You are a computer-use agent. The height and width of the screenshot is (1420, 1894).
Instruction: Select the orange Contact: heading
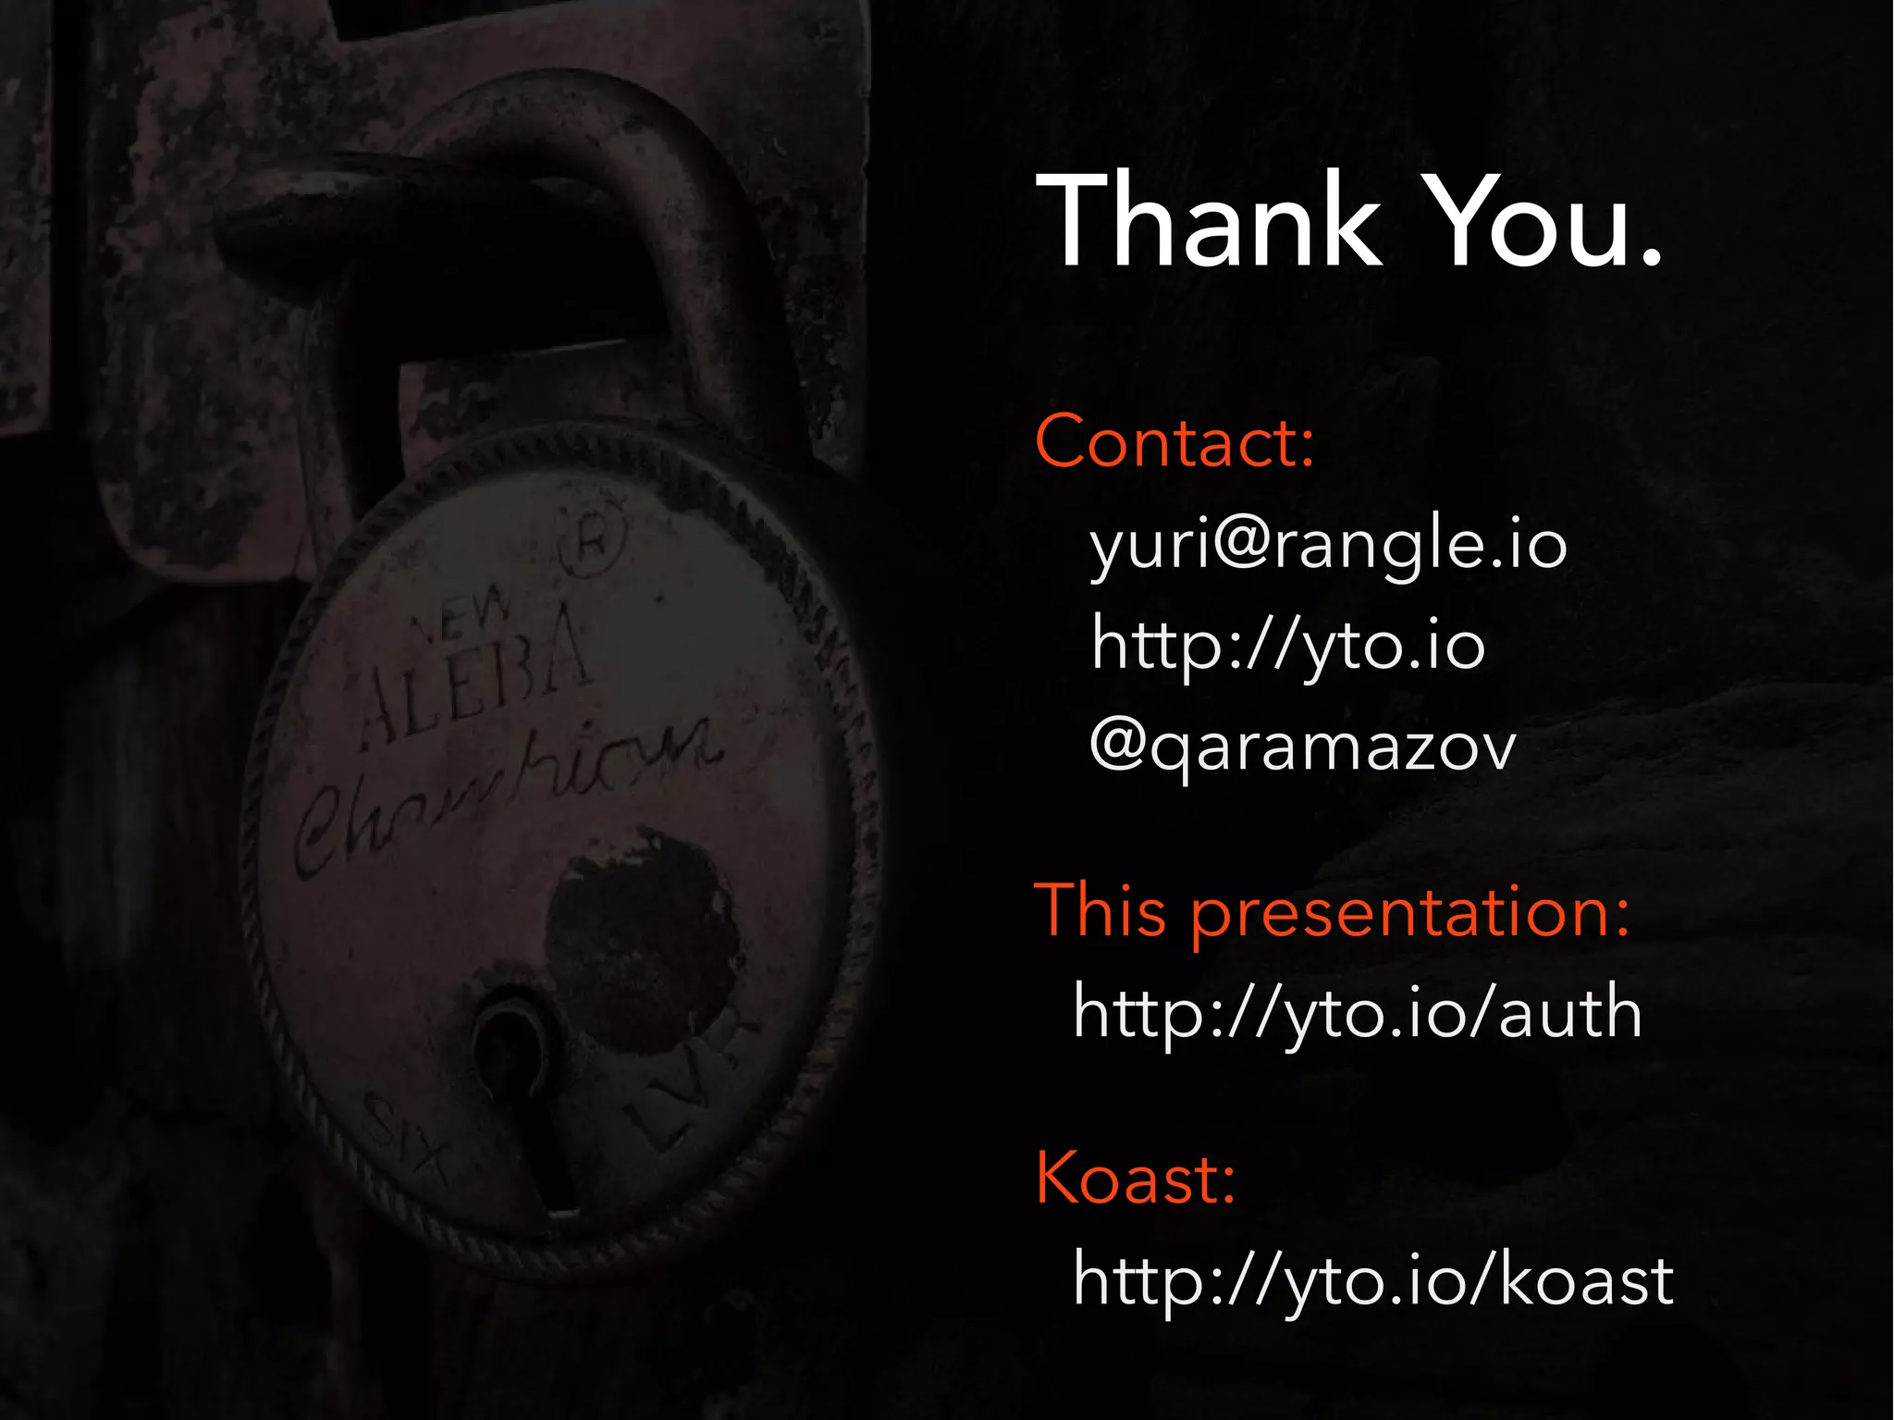point(1175,442)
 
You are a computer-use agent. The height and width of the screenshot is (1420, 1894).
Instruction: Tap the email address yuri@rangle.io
point(1328,546)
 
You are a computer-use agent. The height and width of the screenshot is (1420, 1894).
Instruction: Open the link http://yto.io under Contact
point(1287,646)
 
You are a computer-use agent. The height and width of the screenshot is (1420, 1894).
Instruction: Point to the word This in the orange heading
point(1101,911)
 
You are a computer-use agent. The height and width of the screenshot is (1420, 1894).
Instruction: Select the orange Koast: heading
point(1136,1179)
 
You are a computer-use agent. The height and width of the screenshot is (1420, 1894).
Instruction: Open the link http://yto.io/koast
point(1372,1282)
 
